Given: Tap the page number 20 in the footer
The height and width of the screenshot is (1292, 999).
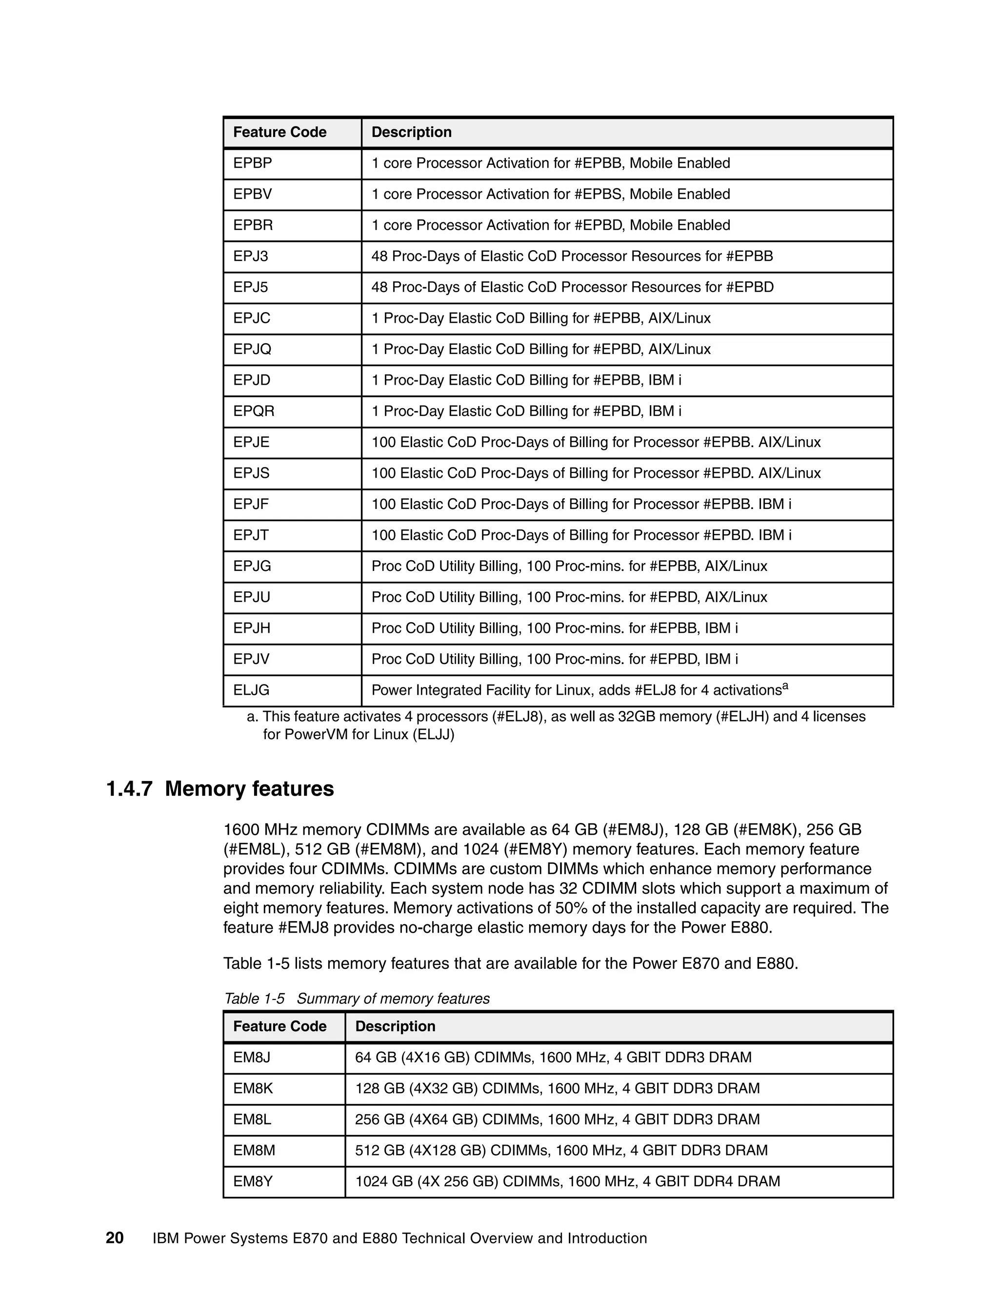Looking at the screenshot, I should pyautogui.click(x=115, y=1239).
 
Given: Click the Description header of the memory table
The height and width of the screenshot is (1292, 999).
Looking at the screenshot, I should pyautogui.click(x=395, y=1026).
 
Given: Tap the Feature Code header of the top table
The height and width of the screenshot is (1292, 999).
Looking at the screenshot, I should pyautogui.click(x=280, y=132).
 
